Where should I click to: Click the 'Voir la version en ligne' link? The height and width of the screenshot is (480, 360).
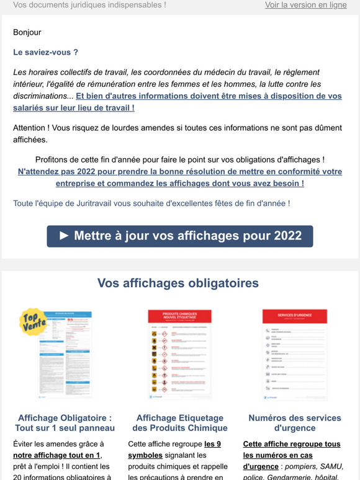[x=305, y=5]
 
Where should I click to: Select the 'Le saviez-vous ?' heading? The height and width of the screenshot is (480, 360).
[x=45, y=52]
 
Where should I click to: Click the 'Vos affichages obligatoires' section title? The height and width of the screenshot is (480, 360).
[x=178, y=283]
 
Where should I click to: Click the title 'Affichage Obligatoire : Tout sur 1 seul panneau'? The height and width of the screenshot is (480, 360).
[x=65, y=423]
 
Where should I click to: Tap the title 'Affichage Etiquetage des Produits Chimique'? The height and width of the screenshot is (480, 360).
[x=180, y=423]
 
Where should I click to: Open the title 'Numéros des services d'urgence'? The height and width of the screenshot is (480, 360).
[x=295, y=423]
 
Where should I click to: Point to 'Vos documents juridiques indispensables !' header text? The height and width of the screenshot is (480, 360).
[x=89, y=5]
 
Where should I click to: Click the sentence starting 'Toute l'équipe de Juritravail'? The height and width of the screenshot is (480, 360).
[x=151, y=203]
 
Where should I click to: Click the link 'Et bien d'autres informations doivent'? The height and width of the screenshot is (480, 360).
[x=209, y=96]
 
